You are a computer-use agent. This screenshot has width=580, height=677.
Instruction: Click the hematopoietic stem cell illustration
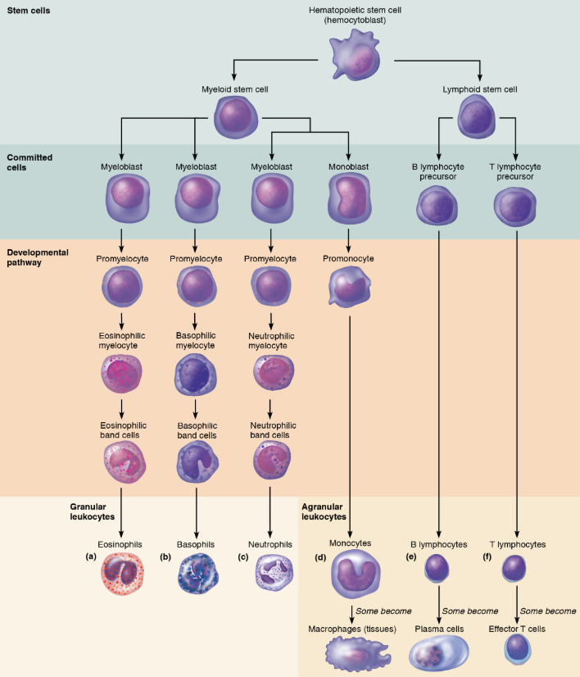click(361, 58)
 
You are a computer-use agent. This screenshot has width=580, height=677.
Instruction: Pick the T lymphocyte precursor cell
click(516, 206)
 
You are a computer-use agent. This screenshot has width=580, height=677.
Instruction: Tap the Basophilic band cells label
click(194, 431)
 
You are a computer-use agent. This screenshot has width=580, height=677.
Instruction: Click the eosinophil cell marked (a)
click(121, 577)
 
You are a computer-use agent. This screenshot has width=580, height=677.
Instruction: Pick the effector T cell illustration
click(517, 648)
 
